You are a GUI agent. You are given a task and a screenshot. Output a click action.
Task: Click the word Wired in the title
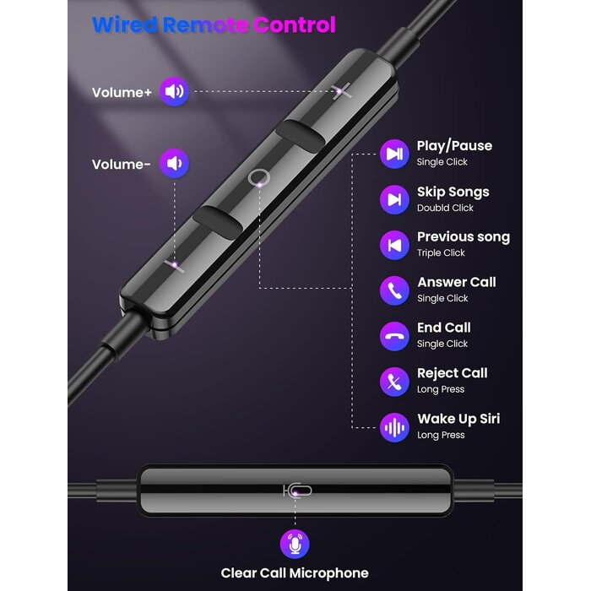pos(126,24)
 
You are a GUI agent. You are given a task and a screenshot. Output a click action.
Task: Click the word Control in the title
pos(292,24)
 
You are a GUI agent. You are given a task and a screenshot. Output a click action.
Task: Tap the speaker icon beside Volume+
pos(174,92)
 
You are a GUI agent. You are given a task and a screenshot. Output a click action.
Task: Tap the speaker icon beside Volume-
pos(174,164)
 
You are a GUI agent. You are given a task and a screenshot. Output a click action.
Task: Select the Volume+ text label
pos(122,93)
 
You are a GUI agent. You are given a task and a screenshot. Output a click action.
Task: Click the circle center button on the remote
pos(259,176)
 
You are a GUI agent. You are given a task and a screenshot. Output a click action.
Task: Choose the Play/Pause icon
pos(393,153)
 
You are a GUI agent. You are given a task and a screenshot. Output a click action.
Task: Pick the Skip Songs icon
pos(393,198)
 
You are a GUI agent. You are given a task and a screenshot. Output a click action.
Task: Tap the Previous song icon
pos(393,244)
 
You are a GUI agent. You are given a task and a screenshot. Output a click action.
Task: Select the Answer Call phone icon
pos(393,290)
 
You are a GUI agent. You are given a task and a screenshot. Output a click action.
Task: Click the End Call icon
pos(393,335)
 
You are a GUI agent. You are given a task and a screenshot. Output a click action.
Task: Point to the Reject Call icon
pos(393,381)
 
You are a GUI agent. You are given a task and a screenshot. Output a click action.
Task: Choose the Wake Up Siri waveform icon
pos(393,426)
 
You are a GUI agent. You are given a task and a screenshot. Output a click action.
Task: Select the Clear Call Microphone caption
pos(295,573)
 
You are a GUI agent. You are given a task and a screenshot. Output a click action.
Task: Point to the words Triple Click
pos(441,253)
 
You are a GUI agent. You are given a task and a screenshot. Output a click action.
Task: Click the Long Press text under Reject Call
pos(441,390)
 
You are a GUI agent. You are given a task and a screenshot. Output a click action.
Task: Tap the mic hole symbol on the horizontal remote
pos(297,490)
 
